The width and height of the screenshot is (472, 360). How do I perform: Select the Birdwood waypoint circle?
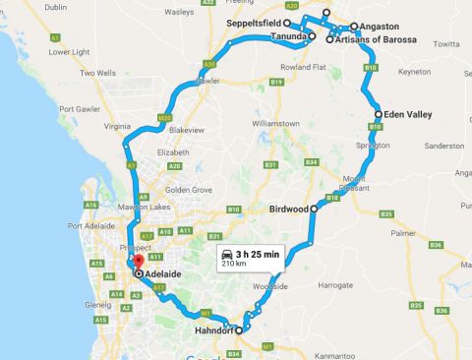314,209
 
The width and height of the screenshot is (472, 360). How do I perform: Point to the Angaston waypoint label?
381,27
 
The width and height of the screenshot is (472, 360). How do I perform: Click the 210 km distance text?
235,265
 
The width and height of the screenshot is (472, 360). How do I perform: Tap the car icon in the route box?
228,254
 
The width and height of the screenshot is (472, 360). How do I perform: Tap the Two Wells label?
98,73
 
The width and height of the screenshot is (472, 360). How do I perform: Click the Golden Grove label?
188,189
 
